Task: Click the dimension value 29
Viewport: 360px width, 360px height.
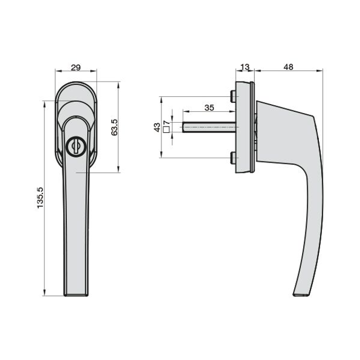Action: click(x=76, y=67)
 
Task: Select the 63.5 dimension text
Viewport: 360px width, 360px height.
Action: click(x=114, y=128)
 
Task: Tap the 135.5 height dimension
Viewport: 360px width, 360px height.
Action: click(x=40, y=197)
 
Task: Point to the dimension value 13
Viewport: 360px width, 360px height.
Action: click(x=245, y=67)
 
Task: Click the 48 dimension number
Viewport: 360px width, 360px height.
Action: click(x=289, y=67)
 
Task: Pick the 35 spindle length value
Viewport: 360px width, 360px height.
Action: click(x=209, y=107)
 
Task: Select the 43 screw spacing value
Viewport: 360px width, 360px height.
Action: click(x=157, y=128)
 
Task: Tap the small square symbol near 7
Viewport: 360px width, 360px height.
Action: click(x=166, y=129)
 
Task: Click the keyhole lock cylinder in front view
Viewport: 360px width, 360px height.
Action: click(x=76, y=147)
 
